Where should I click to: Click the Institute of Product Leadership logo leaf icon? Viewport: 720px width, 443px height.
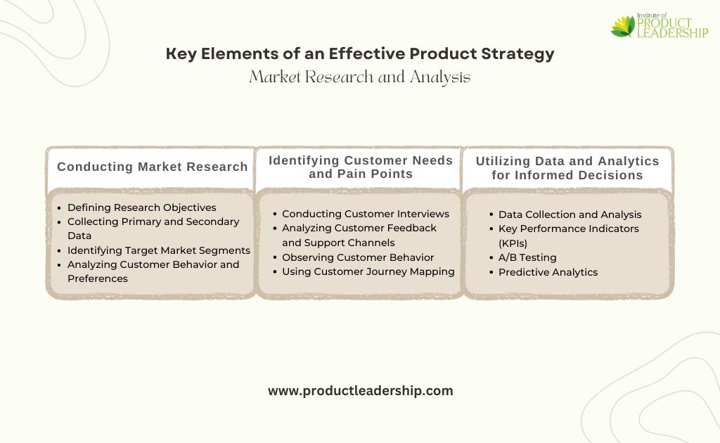point(623,27)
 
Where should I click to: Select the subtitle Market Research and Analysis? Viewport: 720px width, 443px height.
point(360,77)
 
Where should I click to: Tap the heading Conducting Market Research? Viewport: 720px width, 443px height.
point(152,167)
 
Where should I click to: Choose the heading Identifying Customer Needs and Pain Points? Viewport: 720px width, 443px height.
point(361,167)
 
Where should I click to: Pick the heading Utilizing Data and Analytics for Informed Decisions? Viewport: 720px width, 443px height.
point(567,168)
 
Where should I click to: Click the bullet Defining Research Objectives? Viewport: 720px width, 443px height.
point(141,207)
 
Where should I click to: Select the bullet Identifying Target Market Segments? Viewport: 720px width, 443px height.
point(158,250)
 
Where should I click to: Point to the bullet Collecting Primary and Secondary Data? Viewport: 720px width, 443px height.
point(153,229)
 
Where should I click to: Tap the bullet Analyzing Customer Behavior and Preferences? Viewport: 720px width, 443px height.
point(153,271)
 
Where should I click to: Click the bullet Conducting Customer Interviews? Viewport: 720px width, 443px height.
point(366,214)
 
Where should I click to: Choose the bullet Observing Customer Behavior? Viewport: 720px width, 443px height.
point(358,257)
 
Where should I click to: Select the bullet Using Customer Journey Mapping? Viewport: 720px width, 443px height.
point(368,271)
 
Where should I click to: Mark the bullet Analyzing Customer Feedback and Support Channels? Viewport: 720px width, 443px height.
point(359,235)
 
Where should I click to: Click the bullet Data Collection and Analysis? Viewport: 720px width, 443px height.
point(570,214)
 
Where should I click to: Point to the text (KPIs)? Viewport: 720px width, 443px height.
point(513,243)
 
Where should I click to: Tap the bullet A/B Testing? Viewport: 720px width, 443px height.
point(527,257)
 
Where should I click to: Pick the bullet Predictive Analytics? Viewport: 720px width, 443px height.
point(548,272)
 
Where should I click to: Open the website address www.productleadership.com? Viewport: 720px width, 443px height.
point(361,391)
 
